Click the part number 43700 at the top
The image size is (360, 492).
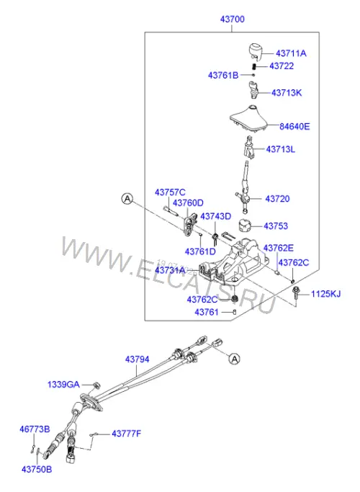pyautogui.click(x=232, y=19)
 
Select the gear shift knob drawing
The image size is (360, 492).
pyautogui.click(x=256, y=51)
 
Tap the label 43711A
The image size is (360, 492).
pyautogui.click(x=291, y=53)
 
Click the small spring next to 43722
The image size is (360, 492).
pyautogui.click(x=254, y=66)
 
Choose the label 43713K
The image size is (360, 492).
pyautogui.click(x=287, y=93)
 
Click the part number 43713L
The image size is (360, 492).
pyautogui.click(x=280, y=149)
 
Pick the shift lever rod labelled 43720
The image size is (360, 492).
pyautogui.click(x=244, y=187)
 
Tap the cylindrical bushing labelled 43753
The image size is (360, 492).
pyautogui.click(x=246, y=225)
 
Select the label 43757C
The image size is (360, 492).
pyautogui.click(x=170, y=192)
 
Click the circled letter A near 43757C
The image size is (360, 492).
pyautogui.click(x=127, y=199)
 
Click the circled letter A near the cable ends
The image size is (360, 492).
pyautogui.click(x=234, y=358)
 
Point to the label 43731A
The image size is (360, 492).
pyautogui.click(x=170, y=270)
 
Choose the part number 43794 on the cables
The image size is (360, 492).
pyautogui.click(x=137, y=359)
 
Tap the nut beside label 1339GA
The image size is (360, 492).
pyautogui.click(x=96, y=385)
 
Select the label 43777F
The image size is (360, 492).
pyautogui.click(x=127, y=434)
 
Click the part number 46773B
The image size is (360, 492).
pyautogui.click(x=35, y=429)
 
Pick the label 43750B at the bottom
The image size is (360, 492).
pyautogui.click(x=37, y=470)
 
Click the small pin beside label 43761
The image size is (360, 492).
pyautogui.click(x=234, y=312)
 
